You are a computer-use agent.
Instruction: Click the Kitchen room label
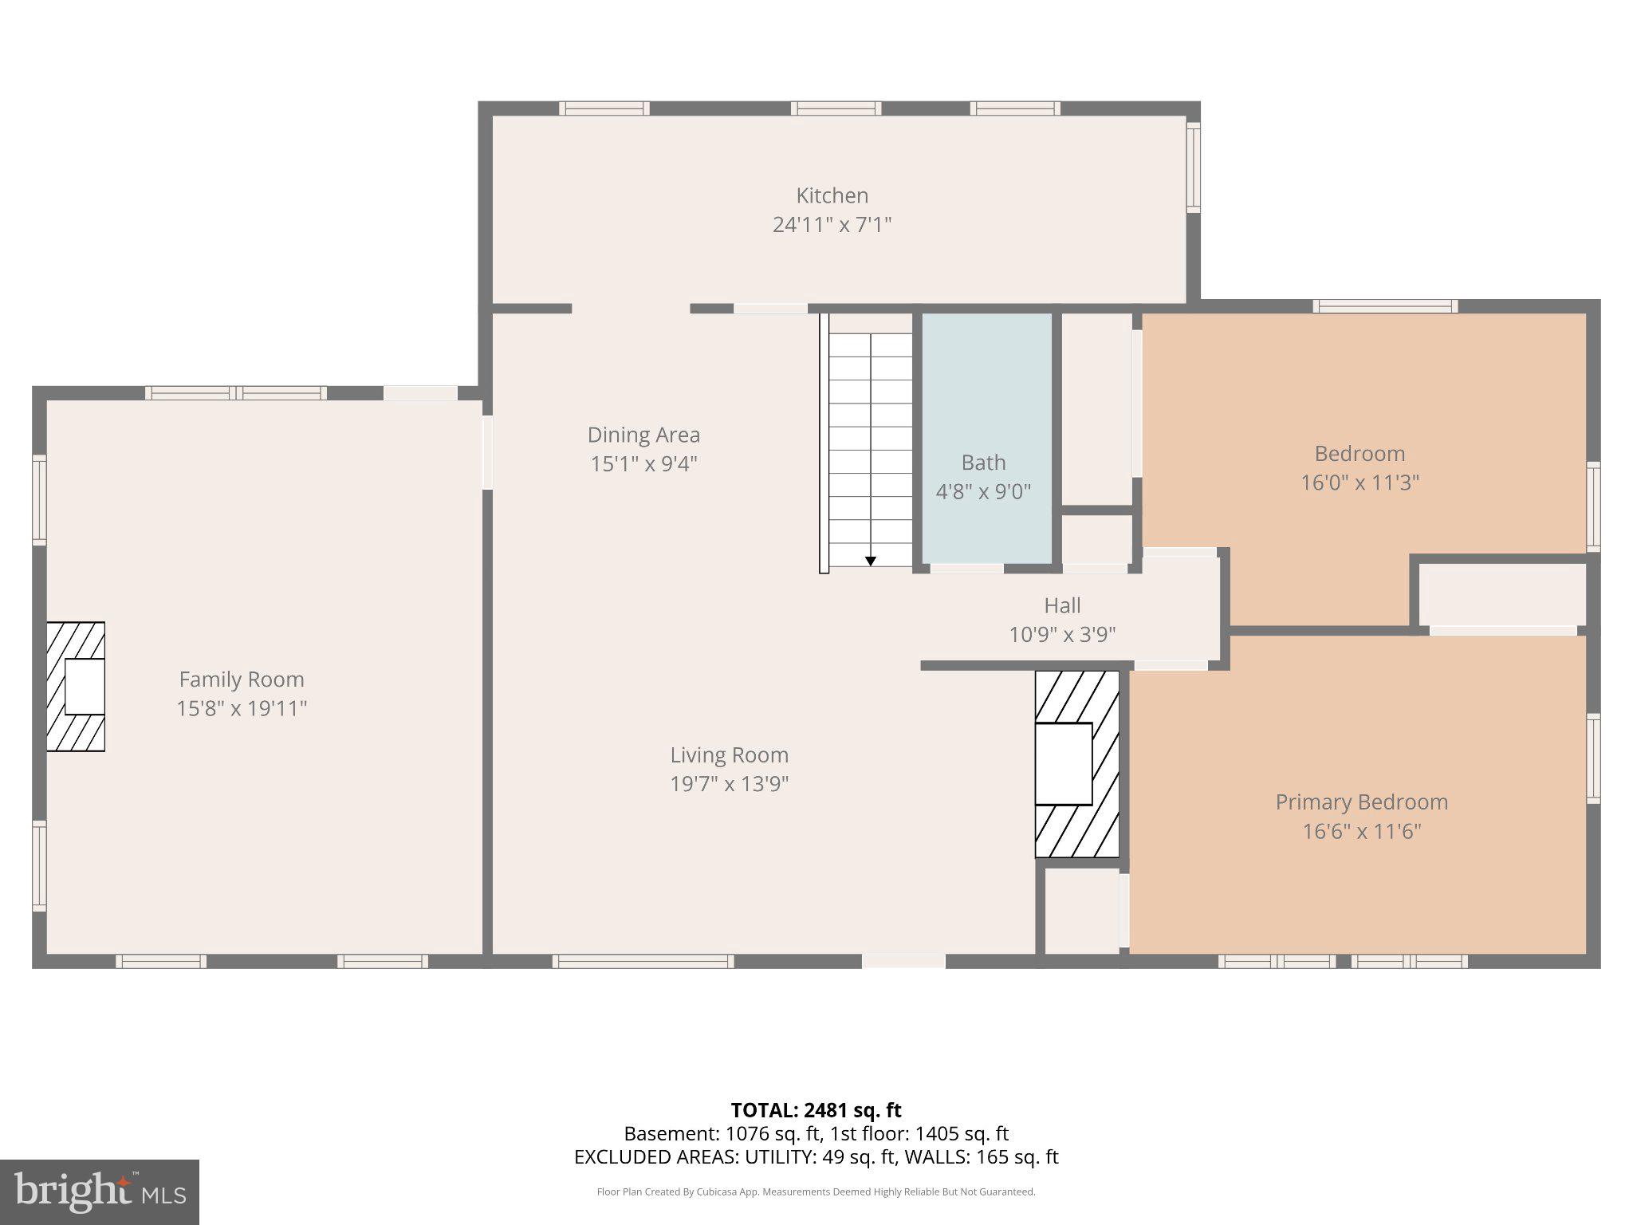832,195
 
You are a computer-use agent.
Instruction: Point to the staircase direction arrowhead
871,561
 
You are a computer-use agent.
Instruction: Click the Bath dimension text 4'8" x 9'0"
983,491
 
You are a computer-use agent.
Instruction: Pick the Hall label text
1062,605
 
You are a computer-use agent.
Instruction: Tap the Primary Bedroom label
1361,802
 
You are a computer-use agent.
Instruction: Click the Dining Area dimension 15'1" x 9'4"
643,464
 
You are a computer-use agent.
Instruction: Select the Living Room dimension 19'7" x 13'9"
729,784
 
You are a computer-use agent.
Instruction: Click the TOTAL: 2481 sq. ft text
816,1110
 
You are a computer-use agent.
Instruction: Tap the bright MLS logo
100,1192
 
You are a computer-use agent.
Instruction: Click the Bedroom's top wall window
1385,306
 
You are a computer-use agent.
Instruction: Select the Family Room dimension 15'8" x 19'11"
242,708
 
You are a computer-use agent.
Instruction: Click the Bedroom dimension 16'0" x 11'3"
1360,483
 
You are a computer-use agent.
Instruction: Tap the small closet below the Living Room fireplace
1082,910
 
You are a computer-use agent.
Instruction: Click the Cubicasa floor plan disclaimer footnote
816,1192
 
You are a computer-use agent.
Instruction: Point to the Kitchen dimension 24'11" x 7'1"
832,225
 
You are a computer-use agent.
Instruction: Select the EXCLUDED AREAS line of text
816,1156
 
